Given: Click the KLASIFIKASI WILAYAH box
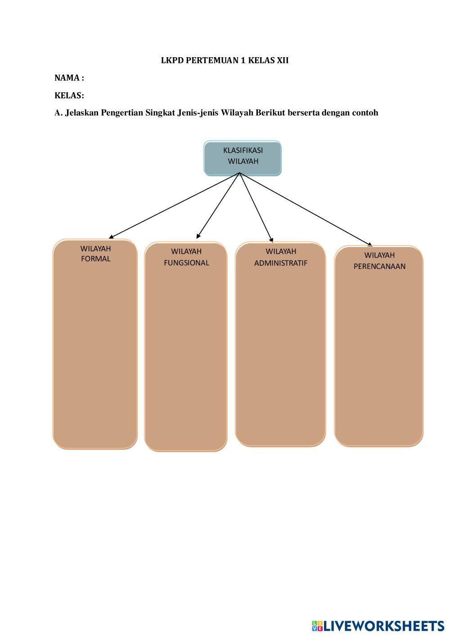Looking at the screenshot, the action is pyautogui.click(x=243, y=156).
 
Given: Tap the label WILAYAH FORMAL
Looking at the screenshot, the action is pyautogui.click(x=95, y=254).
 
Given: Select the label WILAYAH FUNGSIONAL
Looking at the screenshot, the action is pyautogui.click(x=186, y=257).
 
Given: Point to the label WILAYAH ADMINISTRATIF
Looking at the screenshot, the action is pyautogui.click(x=281, y=257).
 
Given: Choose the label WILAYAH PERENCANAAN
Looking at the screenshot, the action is pyautogui.click(x=379, y=260).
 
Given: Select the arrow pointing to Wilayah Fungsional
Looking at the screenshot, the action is pyautogui.click(x=218, y=205).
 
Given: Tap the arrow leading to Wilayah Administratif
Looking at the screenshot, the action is pyautogui.click(x=256, y=207).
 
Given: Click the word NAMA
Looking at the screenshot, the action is pyautogui.click(x=67, y=78).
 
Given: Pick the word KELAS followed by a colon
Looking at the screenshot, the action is pyautogui.click(x=69, y=96).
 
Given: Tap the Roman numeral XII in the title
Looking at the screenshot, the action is pyautogui.click(x=283, y=60).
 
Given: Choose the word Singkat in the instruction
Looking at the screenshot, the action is pyautogui.click(x=160, y=113).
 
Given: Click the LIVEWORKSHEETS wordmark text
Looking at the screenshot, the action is pyautogui.click(x=384, y=626).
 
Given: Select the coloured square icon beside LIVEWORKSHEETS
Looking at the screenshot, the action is pyautogui.click(x=317, y=626).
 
